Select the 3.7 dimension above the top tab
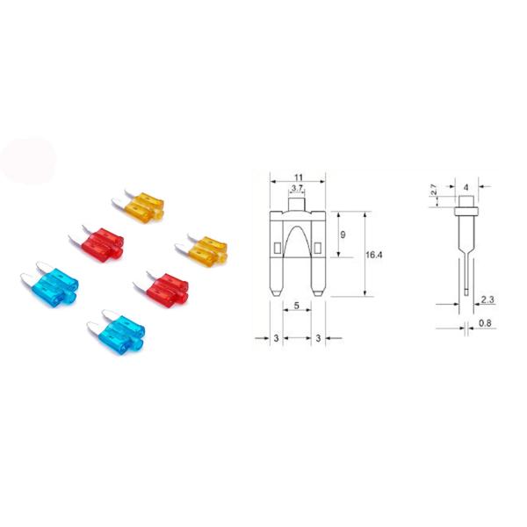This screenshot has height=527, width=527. click(296, 189)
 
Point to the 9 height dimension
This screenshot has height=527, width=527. click(343, 235)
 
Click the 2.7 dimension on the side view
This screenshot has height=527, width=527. click(433, 191)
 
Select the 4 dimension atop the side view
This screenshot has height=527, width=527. click(466, 186)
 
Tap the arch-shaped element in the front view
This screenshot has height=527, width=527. click(296, 242)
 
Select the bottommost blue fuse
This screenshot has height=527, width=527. click(118, 333)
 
